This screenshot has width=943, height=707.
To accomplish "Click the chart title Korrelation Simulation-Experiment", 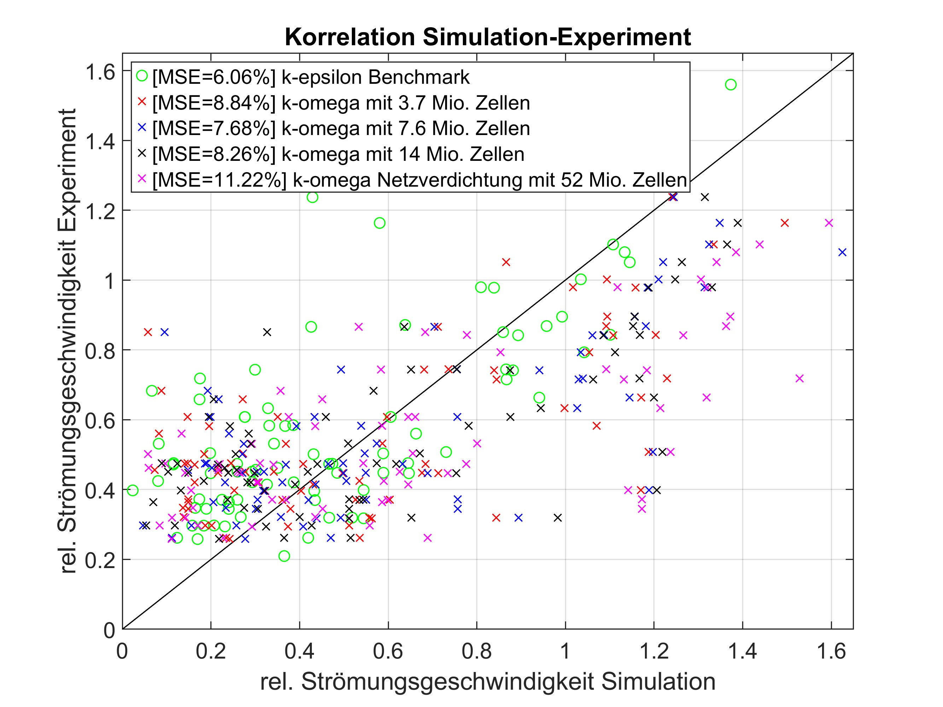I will (487, 37).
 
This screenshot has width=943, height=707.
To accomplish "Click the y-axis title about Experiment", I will (67, 341).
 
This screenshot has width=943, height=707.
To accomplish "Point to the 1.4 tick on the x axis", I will (742, 652).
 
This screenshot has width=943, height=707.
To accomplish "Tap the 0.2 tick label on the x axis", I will (211, 652).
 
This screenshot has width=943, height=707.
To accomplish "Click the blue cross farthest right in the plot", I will (842, 252).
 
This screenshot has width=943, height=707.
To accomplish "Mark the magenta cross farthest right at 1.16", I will (828, 223).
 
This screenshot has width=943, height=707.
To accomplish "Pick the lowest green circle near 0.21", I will (284, 556).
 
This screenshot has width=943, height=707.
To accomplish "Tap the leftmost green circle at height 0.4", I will (133, 490).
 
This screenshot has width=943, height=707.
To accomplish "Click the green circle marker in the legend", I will (142, 76).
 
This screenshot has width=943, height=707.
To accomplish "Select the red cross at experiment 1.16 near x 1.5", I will (784, 223).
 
